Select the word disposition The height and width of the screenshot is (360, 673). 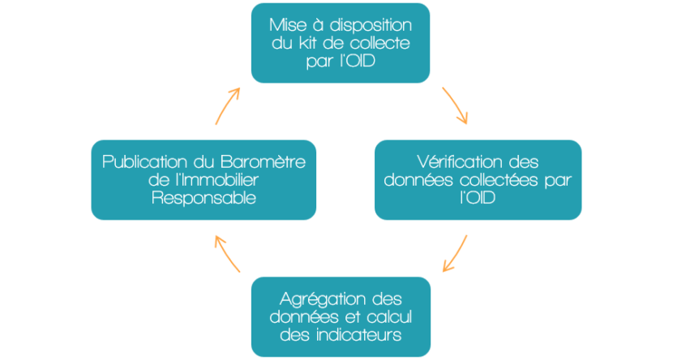[x=371, y=26]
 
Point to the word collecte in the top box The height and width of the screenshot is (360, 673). [x=380, y=43]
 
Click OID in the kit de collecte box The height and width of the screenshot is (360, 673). [x=361, y=61]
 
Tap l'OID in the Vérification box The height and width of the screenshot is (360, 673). [x=478, y=198]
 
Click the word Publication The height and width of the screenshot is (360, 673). [x=145, y=162]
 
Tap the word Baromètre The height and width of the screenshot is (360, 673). [x=263, y=162]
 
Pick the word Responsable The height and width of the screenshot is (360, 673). [x=204, y=198]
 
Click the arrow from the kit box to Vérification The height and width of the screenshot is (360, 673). [x=456, y=105]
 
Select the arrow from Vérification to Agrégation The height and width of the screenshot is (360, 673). [x=457, y=254]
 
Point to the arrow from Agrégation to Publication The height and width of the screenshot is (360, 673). [x=226, y=253]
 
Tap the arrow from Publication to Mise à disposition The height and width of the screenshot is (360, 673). [x=226, y=105]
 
